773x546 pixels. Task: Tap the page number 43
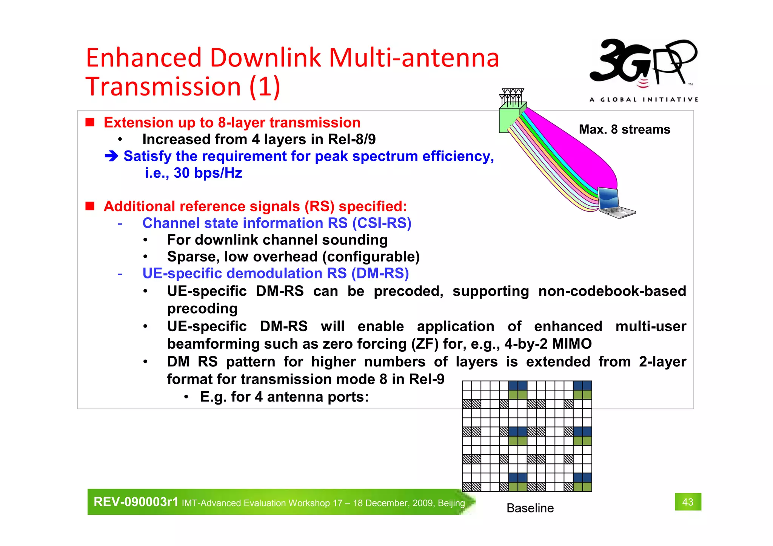[x=688, y=502]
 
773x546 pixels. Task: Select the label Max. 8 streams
[x=624, y=129]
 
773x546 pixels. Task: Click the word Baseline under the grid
[x=530, y=508]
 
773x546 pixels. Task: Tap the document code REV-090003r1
[x=136, y=502]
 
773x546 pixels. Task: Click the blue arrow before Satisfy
[x=112, y=156]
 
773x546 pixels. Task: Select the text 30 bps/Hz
[x=208, y=173]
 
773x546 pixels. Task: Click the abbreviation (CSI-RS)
[x=382, y=223]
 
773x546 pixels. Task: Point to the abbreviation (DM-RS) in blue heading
[x=380, y=273]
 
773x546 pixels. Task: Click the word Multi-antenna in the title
[x=414, y=58]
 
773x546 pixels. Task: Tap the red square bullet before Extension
[x=90, y=122]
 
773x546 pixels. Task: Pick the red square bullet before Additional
[x=90, y=206]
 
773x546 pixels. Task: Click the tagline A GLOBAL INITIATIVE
[x=644, y=100]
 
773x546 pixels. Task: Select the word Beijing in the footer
[x=451, y=503]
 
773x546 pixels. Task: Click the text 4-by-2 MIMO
[x=548, y=344]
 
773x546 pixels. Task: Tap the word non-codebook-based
[x=612, y=291]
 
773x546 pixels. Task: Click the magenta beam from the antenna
[x=577, y=149]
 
